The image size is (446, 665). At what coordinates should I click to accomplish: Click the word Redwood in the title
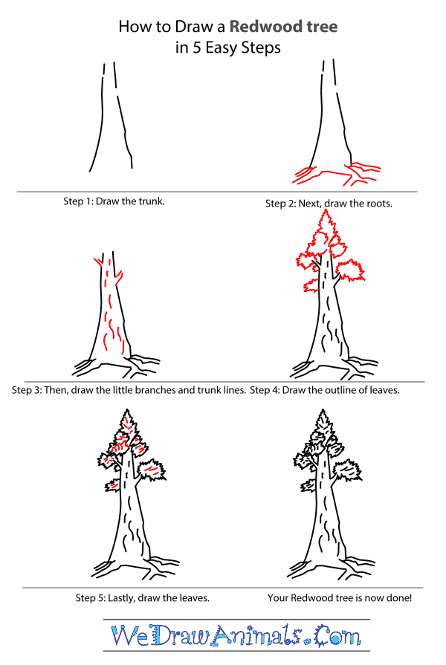pos(262,27)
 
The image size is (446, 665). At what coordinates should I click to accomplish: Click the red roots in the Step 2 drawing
pos(327,175)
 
